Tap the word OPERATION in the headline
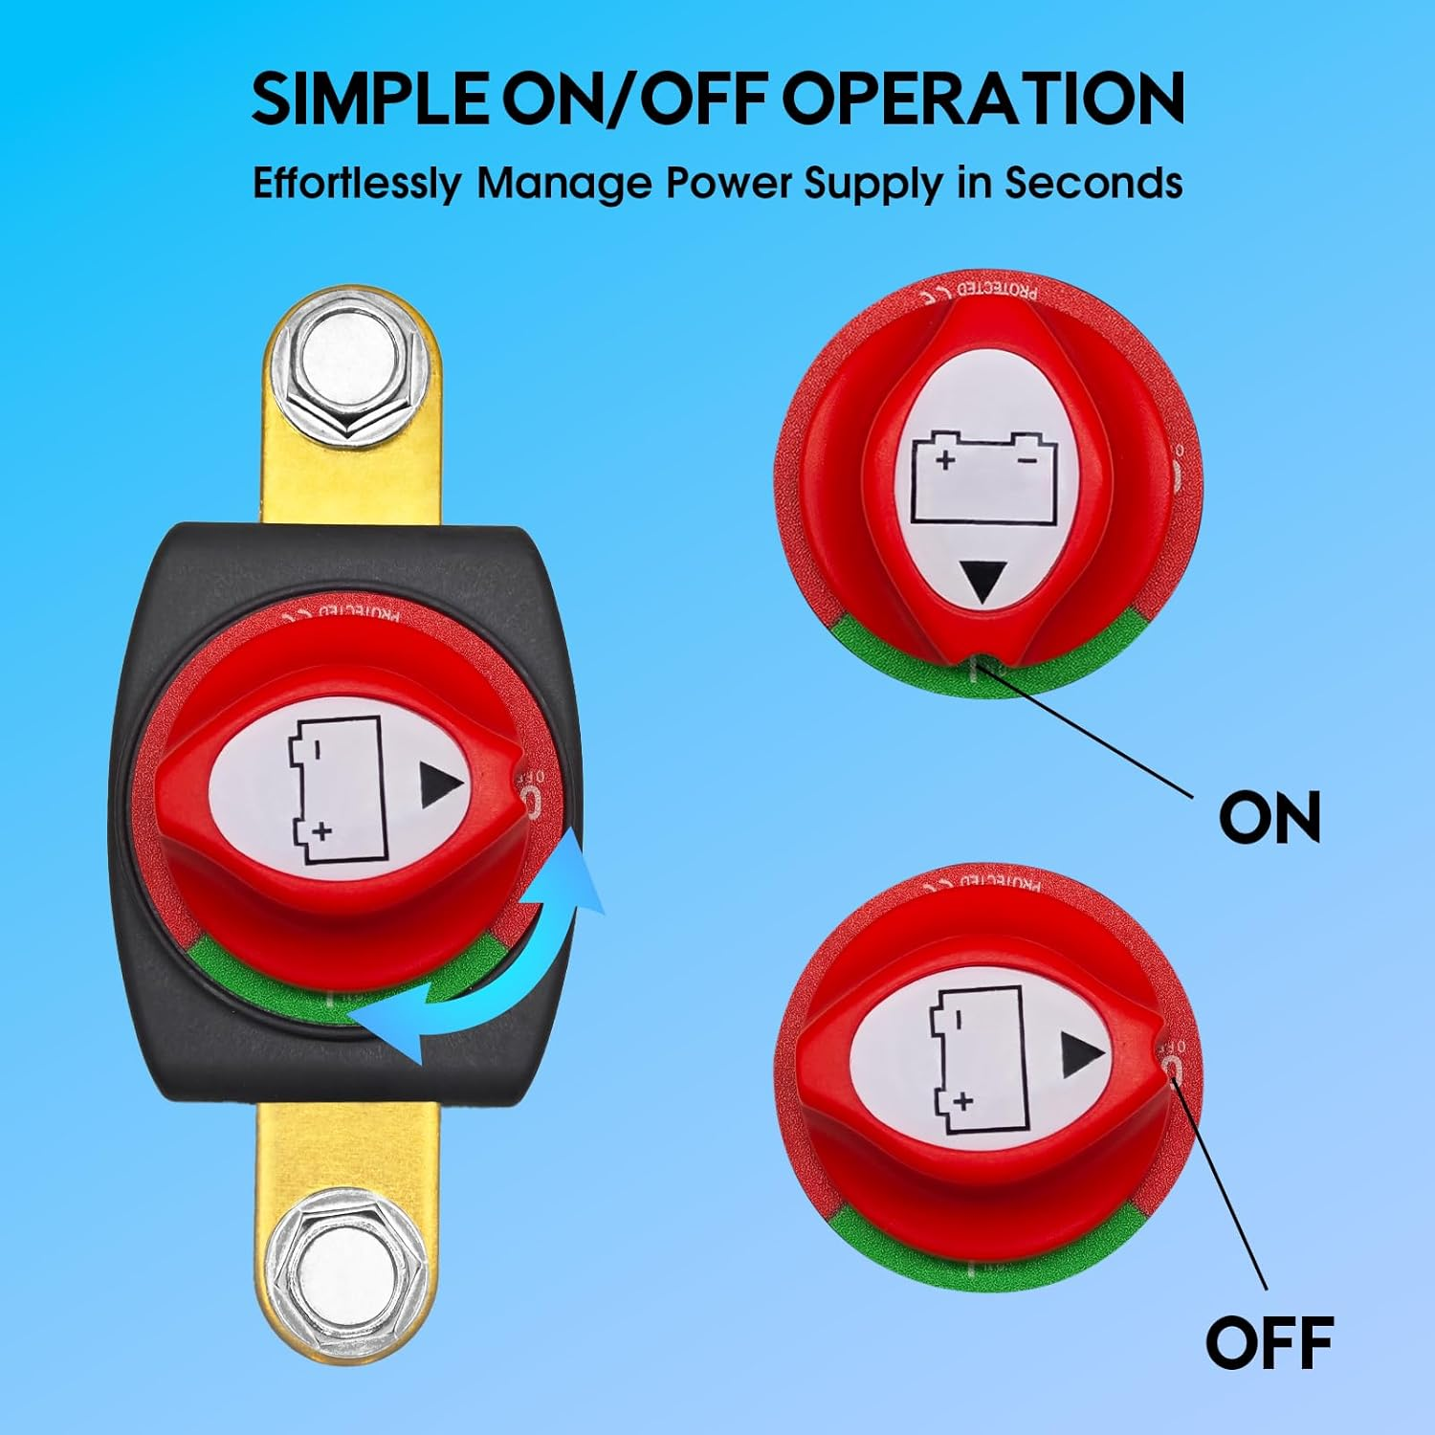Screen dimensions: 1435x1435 [983, 99]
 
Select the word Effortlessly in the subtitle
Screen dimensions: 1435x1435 [356, 183]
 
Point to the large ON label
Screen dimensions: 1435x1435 [1269, 817]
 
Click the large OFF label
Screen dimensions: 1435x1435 [1269, 1342]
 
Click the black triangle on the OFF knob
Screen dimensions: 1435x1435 [1082, 1054]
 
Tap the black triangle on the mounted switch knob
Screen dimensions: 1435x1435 [441, 785]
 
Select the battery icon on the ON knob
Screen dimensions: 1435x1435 [983, 477]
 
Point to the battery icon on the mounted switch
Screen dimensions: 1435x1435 [336, 790]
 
